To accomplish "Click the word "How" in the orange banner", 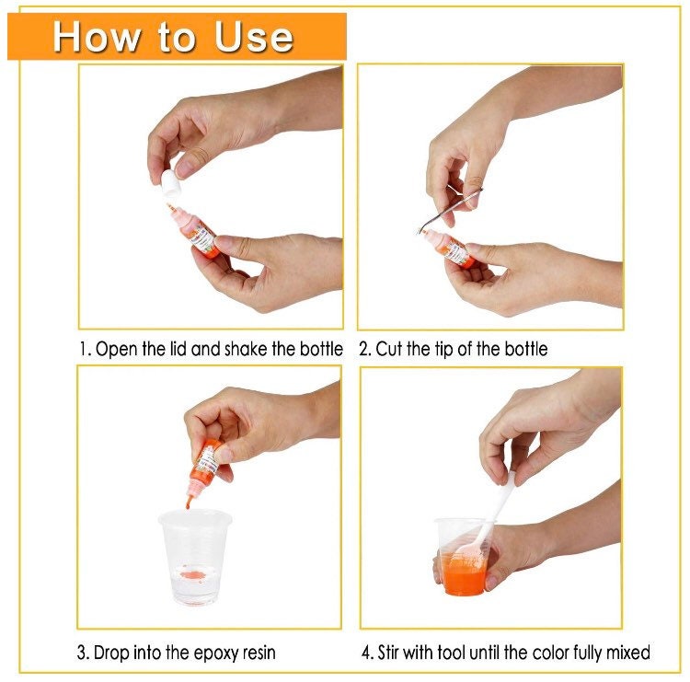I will click(x=93, y=37).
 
